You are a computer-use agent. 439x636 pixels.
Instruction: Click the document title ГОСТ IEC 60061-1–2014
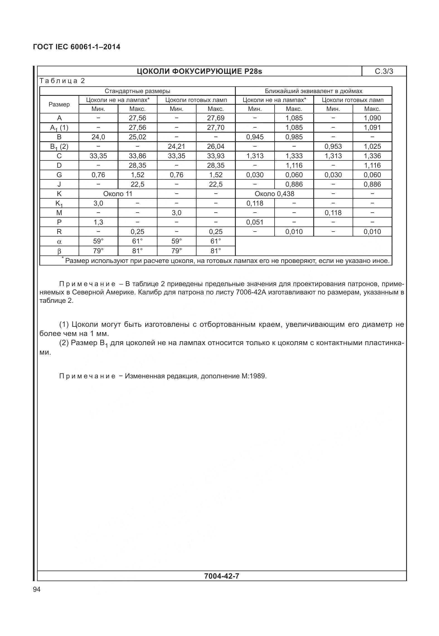click(77, 47)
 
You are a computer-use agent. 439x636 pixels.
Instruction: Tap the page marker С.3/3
click(384, 71)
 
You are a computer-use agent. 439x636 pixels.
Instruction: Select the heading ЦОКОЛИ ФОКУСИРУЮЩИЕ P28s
click(199, 72)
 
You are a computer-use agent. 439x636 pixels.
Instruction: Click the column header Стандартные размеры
click(137, 91)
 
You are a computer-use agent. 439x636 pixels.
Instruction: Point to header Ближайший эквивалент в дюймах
click(314, 91)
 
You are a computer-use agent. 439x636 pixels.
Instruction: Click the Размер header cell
click(59, 104)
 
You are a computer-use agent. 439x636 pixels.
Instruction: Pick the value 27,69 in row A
click(215, 118)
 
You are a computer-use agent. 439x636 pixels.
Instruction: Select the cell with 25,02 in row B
click(137, 137)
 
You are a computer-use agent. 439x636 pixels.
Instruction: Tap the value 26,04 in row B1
click(215, 147)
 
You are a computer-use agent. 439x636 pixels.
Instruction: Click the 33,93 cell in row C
click(215, 156)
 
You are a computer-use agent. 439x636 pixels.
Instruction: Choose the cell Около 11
click(118, 194)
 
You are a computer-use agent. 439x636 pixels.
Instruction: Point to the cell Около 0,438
click(274, 194)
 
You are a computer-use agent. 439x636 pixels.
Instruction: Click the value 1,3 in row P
click(98, 222)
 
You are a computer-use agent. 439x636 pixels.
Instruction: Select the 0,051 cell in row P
click(255, 222)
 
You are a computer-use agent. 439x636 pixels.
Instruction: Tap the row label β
click(59, 251)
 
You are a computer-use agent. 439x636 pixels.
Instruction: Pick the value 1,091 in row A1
click(372, 128)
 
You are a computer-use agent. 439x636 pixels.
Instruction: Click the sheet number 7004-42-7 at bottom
click(222, 576)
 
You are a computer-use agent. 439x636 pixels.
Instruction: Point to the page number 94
click(37, 589)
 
